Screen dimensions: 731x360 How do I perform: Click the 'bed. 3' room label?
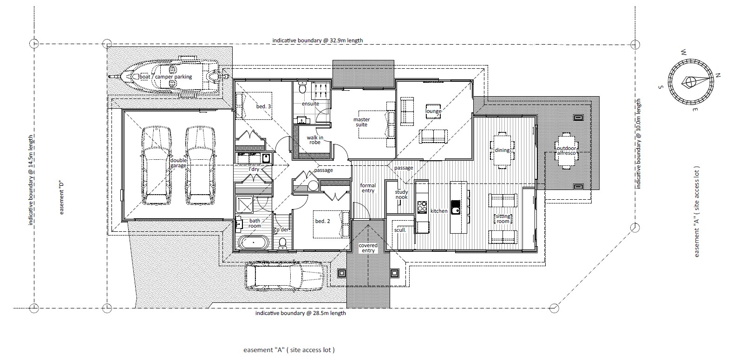pyautogui.click(x=263, y=106)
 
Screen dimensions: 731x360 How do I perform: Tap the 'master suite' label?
pyautogui.click(x=362, y=122)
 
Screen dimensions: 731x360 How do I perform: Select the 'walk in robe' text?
pyautogui.click(x=315, y=140)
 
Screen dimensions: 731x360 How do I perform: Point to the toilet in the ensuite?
pyautogui.click(x=302, y=87)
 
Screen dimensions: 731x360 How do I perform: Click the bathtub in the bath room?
pyautogui.click(x=254, y=243)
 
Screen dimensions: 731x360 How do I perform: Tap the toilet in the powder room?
pyautogui.click(x=283, y=243)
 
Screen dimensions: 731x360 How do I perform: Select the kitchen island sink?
pyautogui.click(x=456, y=207)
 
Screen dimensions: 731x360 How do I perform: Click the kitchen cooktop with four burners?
pyautogui.click(x=422, y=206)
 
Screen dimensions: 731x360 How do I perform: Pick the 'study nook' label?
pyautogui.click(x=401, y=195)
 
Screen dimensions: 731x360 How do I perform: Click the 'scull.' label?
pyautogui.click(x=400, y=230)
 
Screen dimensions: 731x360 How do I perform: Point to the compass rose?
pyautogui.click(x=690, y=82)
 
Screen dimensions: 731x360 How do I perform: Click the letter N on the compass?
pyautogui.click(x=718, y=75)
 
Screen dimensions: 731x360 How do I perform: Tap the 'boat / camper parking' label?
pyautogui.click(x=166, y=77)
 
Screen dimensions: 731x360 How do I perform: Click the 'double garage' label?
pyautogui.click(x=178, y=163)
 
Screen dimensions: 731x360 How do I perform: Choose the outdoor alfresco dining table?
pyautogui.click(x=566, y=151)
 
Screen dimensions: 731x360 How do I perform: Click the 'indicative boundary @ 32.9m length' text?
pyautogui.click(x=318, y=40)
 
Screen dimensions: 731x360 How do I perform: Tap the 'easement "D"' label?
pyautogui.click(x=61, y=198)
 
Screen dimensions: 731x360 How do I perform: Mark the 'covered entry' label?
pyautogui.click(x=368, y=248)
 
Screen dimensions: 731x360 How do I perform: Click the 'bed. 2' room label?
pyautogui.click(x=322, y=221)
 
